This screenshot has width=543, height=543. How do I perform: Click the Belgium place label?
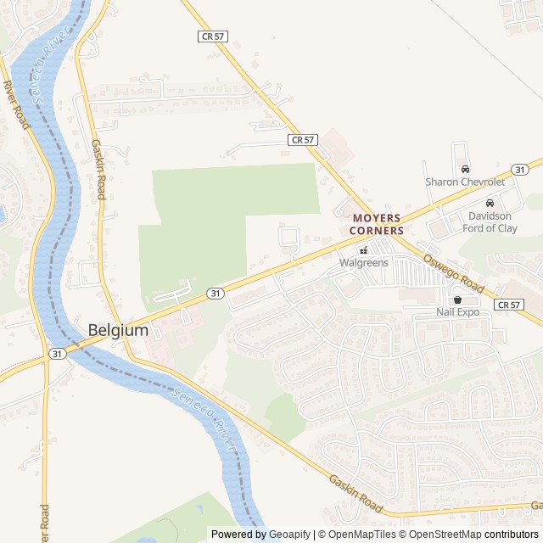(118, 330)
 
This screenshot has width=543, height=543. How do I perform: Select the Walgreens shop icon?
(363, 249)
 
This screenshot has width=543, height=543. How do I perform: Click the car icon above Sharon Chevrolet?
(464, 169)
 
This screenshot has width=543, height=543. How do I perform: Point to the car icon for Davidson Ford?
(490, 203)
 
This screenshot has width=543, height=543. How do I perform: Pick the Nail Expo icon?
(458, 299)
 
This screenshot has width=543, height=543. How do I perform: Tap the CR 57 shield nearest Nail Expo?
(508, 304)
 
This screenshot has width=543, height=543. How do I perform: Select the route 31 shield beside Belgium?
(57, 352)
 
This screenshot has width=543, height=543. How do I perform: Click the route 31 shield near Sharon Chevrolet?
(520, 170)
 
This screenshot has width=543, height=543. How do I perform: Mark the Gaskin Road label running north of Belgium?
(98, 170)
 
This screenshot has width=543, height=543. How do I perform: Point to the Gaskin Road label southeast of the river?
(355, 493)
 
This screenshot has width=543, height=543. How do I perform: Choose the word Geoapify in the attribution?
(289, 535)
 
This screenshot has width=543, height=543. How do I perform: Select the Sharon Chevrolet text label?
(464, 182)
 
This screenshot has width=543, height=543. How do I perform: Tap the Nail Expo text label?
(458, 312)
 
